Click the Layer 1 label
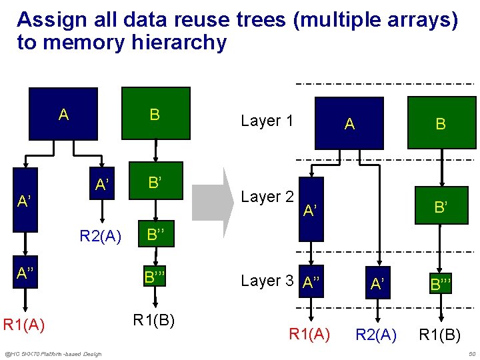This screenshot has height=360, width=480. pos(267,121)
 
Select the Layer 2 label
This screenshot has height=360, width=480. pos(267,197)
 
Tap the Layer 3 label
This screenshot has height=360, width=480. pos(267,281)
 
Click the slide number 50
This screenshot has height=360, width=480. pos(471,353)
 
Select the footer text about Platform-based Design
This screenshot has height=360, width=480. pos(53,353)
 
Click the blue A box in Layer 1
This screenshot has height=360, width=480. pos(349,123)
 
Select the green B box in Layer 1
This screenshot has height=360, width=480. pos(440,123)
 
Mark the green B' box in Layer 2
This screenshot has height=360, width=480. pos(440,207)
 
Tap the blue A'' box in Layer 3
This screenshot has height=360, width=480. pos(311,281)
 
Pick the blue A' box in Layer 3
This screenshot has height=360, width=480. pos(377,283)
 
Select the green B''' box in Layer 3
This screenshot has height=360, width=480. pos(440,284)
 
